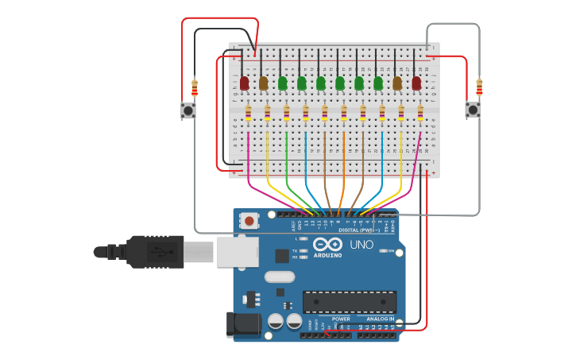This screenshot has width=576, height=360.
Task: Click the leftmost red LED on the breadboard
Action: [x=245, y=83]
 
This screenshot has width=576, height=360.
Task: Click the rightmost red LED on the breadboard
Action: [x=416, y=83]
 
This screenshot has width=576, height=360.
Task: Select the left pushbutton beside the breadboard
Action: [x=188, y=110]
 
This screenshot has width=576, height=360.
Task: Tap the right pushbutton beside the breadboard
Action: [x=473, y=110]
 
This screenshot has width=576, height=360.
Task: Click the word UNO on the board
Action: [x=361, y=245]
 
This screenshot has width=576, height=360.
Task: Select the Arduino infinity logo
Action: [x=327, y=245]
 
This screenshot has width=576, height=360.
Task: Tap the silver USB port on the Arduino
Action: [x=238, y=251]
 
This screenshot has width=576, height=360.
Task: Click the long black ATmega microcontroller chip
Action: [x=349, y=302]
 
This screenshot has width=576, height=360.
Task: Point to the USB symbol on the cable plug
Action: [x=157, y=252]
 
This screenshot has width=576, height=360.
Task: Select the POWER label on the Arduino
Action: [x=341, y=319]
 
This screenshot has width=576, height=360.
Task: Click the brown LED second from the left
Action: [x=264, y=83]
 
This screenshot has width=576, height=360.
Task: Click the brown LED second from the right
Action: [x=397, y=83]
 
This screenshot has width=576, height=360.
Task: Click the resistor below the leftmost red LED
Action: [x=249, y=114]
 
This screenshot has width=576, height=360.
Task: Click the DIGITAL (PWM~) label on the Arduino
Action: [x=354, y=230]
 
